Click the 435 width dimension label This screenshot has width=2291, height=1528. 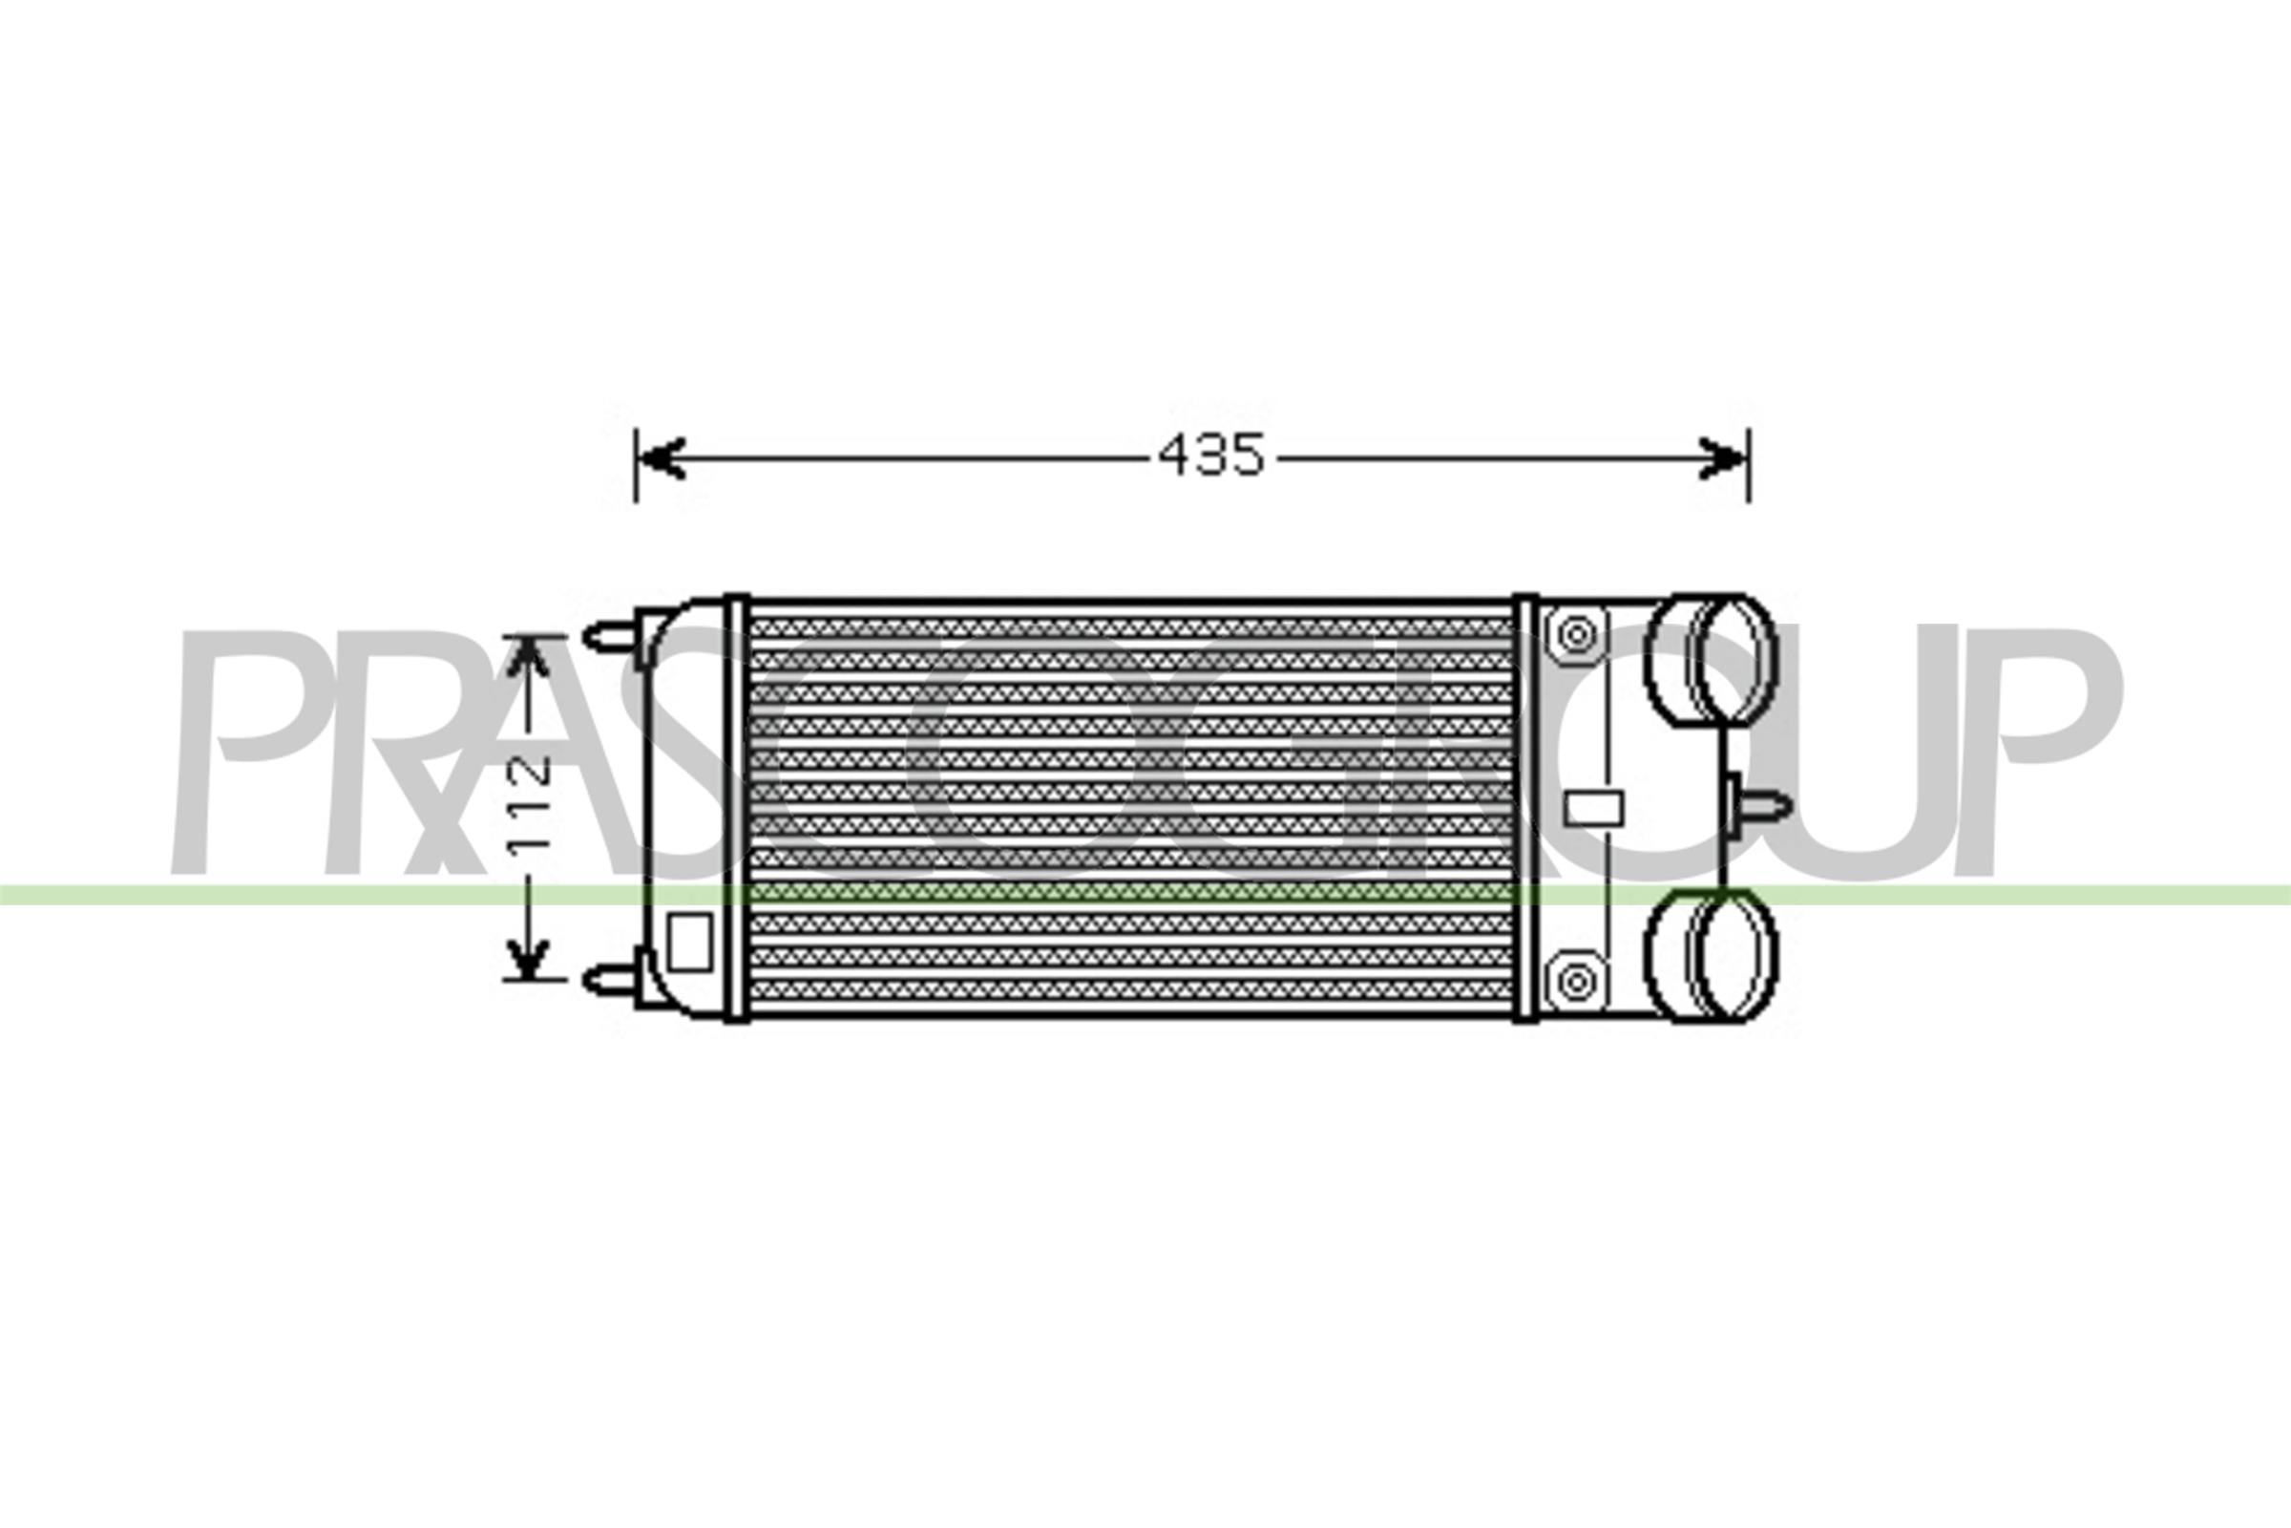(x=1210, y=456)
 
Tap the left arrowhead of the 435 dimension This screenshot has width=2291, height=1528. (x=662, y=458)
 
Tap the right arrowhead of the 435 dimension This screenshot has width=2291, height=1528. (x=1722, y=458)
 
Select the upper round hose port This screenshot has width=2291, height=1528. (x=1711, y=660)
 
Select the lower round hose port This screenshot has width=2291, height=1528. (x=1711, y=955)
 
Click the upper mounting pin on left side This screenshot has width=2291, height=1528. (x=612, y=637)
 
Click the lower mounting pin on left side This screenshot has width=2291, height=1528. (x=612, y=977)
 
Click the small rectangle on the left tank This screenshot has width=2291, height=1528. (x=689, y=942)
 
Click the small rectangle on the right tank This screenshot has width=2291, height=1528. (x=1593, y=809)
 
